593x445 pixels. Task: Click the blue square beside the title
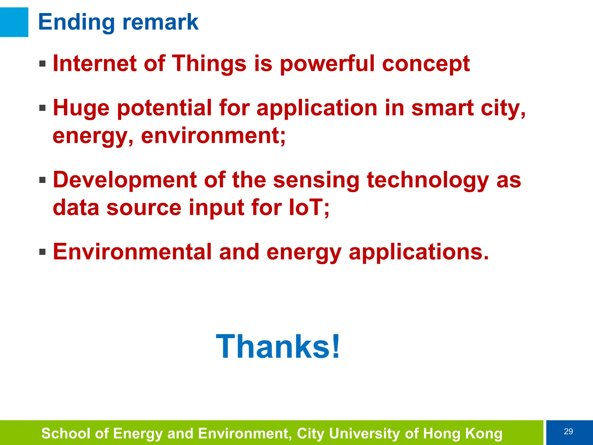point(14,22)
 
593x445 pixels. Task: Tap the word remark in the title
point(160,22)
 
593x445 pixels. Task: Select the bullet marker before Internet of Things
point(43,63)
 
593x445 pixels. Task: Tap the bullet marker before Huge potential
point(43,108)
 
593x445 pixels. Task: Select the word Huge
point(81,108)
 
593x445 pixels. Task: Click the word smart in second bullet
point(442,108)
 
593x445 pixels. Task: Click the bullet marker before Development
point(43,180)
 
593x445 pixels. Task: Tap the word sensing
point(316,180)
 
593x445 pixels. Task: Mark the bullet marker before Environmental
point(43,252)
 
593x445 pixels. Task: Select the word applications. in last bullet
point(419,252)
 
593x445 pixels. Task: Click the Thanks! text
point(278,346)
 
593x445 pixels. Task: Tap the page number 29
point(568,432)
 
